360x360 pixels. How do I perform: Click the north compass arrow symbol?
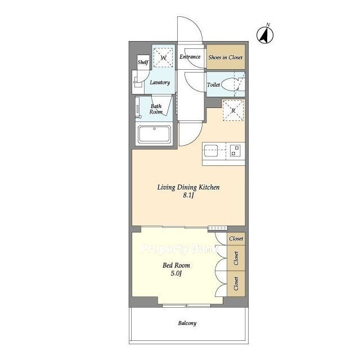click(x=265, y=35)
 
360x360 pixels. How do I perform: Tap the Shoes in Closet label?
click(x=226, y=57)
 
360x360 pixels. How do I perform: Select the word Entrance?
click(x=190, y=57)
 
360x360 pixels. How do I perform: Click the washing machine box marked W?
click(x=163, y=57)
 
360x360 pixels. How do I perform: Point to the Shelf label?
click(x=143, y=62)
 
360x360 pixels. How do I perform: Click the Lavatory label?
click(x=160, y=83)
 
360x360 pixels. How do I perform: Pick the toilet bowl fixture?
click(x=230, y=84)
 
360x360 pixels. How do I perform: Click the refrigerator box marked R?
click(x=233, y=110)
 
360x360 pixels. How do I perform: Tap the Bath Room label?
click(x=156, y=109)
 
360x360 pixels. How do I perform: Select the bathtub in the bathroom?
click(x=154, y=134)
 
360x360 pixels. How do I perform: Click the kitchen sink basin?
click(x=211, y=151)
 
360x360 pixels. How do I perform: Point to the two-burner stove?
click(x=235, y=151)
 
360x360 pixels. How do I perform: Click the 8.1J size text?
click(x=188, y=196)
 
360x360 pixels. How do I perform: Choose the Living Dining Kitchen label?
click(x=188, y=187)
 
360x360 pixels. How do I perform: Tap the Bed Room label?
click(x=176, y=265)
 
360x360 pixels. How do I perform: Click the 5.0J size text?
click(x=176, y=273)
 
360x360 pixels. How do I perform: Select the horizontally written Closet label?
click(x=236, y=238)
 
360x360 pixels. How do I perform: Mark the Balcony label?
click(x=187, y=323)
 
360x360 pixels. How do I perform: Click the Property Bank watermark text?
click(x=181, y=249)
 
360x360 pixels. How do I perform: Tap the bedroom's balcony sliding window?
click(x=186, y=305)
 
